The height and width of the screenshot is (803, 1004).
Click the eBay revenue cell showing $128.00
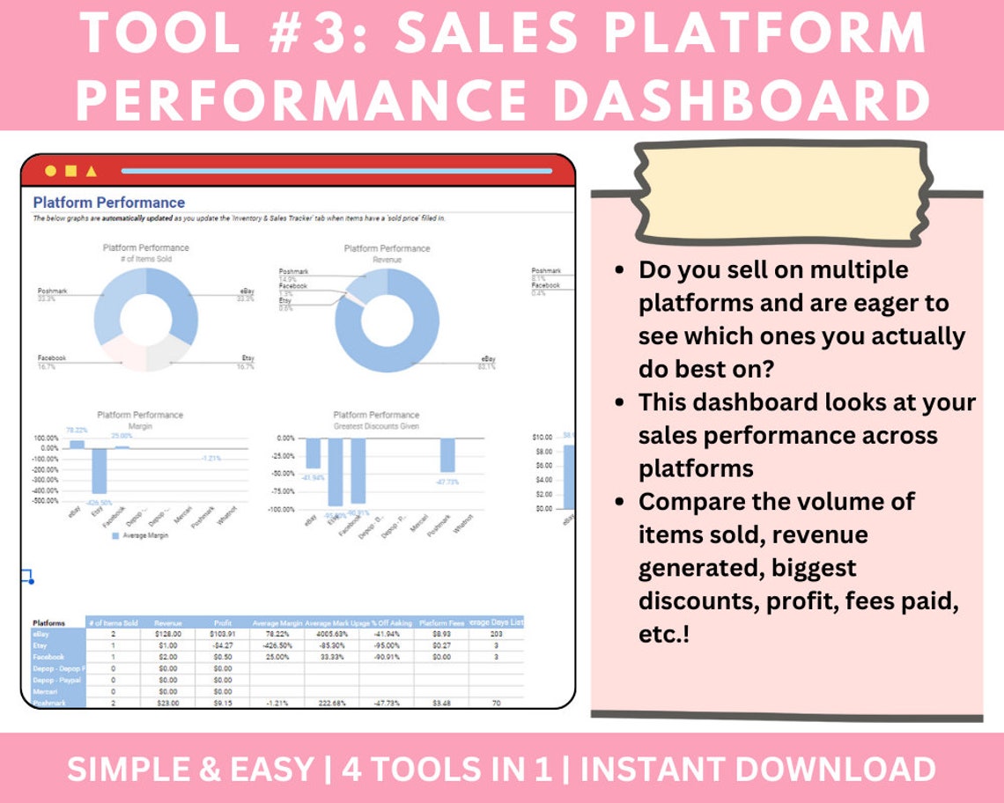(167, 634)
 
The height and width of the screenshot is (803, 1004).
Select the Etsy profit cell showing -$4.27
(224, 645)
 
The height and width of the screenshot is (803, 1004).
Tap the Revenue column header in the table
(167, 623)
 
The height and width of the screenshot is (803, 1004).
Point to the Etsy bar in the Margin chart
(99, 471)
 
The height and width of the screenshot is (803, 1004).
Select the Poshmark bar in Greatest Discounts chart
(448, 454)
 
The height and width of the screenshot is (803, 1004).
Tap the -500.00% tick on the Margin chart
(46, 501)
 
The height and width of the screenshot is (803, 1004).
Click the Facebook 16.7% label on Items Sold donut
(52, 363)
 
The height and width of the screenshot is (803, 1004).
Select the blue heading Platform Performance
(108, 203)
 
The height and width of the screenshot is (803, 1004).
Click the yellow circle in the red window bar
(50, 170)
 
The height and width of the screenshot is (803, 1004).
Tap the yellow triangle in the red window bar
(92, 171)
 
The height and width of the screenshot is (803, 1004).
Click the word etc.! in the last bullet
(663, 633)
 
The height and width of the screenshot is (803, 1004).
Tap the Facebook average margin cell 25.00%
(277, 657)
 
